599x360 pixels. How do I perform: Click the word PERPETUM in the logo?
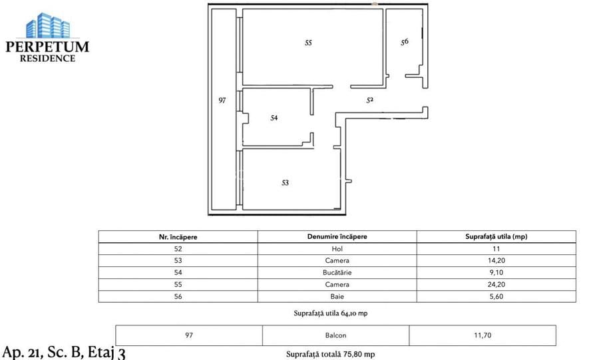47,47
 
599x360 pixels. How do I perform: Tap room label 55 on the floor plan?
308,43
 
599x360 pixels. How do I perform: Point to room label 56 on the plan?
404,42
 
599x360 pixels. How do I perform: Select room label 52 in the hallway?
370,100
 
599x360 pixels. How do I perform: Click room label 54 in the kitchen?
274,118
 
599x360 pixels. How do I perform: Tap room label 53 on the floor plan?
285,182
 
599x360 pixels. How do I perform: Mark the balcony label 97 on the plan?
223,100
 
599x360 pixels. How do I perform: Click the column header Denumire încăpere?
337,236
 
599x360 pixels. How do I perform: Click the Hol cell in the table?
337,248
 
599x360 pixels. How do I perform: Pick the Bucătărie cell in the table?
337,272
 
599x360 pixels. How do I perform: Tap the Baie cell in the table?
337,296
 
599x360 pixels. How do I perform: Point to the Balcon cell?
336,335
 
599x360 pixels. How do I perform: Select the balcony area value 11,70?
482,335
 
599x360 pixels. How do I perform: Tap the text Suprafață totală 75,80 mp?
335,354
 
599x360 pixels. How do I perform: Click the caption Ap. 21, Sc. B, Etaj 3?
64,351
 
